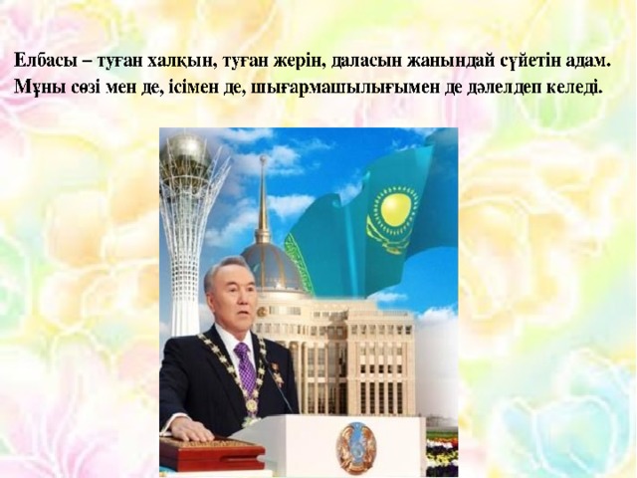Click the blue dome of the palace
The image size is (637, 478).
coord(273,266)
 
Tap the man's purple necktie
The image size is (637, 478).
coord(245,365)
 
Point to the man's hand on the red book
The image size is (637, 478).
coord(181,431)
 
